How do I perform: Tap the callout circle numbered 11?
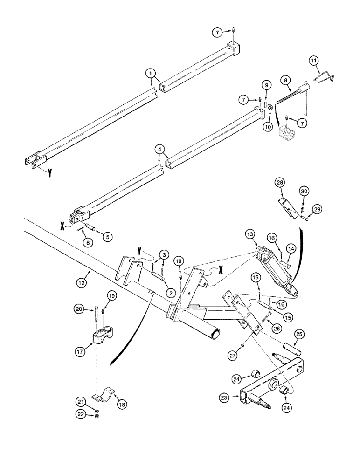pyautogui.click(x=313, y=61)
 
